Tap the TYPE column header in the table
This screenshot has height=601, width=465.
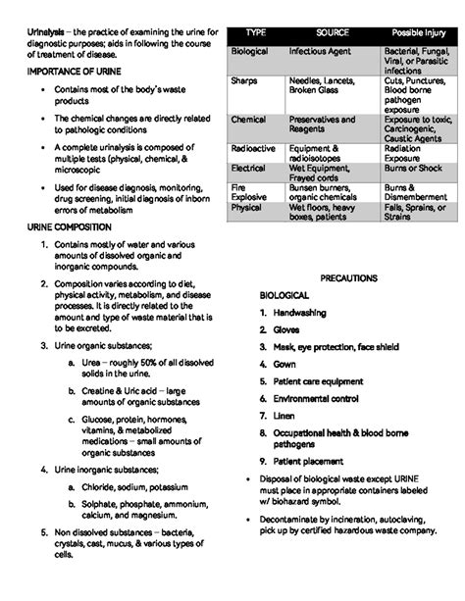coord(256,32)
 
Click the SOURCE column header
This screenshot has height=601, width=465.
coord(333,32)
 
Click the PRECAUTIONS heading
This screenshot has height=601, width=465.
coord(348,278)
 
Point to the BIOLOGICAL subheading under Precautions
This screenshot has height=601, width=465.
coord(284,295)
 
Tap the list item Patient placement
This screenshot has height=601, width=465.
coord(307,461)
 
